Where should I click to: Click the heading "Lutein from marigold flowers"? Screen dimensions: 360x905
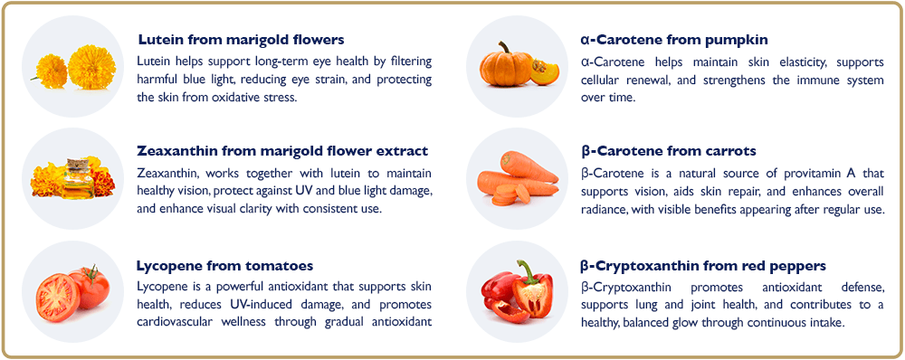pyautogui.click(x=241, y=40)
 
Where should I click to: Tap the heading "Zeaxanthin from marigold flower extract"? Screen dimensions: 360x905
pyautogui.click(x=282, y=151)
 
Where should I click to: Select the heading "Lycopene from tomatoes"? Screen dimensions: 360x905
pyautogui.click(x=224, y=266)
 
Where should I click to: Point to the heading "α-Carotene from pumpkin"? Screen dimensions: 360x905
pyautogui.click(x=674, y=40)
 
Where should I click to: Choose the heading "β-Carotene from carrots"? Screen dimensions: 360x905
pyautogui.click(x=668, y=151)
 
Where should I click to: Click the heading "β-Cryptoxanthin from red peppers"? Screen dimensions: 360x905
pyautogui.click(x=703, y=266)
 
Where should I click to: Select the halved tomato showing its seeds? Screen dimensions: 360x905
pyautogui.click(x=57, y=295)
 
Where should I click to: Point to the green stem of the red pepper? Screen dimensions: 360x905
pyautogui.click(x=524, y=269)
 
